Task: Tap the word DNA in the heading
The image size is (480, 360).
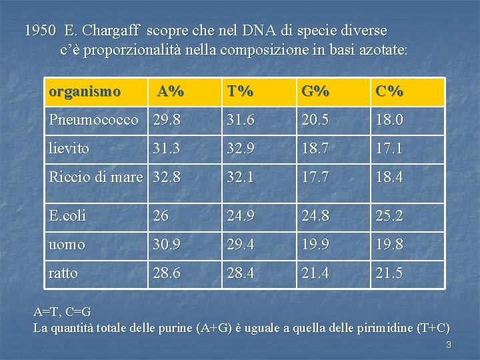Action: point(254,31)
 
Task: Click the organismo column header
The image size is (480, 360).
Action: point(85,91)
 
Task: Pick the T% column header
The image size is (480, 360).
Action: point(240,91)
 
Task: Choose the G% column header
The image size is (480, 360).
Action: point(315,91)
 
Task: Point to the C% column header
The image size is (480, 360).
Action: point(389,91)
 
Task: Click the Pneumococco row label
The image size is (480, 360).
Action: point(94,120)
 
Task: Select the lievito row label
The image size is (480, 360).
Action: point(69,149)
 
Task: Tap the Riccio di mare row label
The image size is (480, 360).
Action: point(96,177)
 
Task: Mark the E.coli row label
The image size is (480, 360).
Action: point(67,216)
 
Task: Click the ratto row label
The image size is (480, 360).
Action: point(63,273)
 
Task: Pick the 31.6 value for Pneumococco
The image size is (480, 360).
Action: point(241,120)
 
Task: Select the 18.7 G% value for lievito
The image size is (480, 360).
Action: point(315,149)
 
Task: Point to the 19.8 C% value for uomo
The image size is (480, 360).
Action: point(389,245)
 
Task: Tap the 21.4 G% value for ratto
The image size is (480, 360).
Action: point(315,273)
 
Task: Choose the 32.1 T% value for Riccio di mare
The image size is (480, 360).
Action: point(241,177)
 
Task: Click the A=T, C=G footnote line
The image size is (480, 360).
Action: point(63,311)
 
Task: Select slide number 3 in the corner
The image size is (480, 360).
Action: point(449,345)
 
